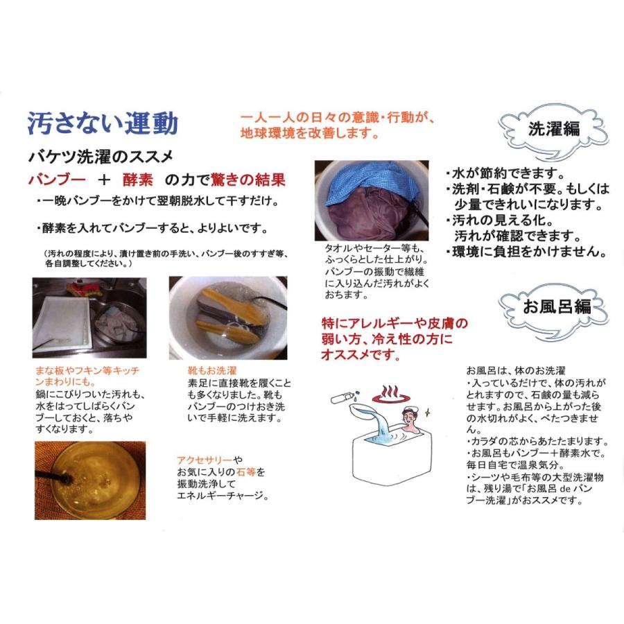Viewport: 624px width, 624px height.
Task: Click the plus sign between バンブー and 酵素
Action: [103, 180]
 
